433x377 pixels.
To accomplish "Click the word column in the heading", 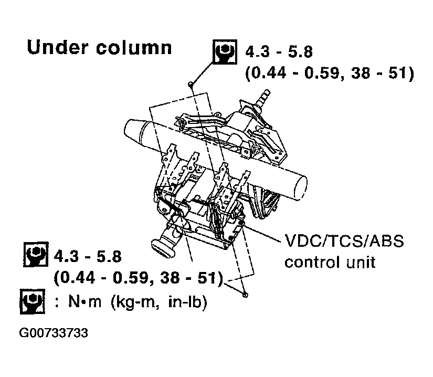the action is click(134, 47).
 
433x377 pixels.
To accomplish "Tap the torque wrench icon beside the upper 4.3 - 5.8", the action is click(225, 52).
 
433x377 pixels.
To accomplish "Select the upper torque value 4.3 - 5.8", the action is click(279, 52).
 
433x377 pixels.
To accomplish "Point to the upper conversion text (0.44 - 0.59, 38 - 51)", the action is click(330, 73).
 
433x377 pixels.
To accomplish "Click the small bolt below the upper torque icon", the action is click(190, 83).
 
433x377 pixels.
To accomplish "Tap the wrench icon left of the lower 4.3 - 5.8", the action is click(36, 254).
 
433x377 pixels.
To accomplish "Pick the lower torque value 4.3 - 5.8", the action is click(88, 256).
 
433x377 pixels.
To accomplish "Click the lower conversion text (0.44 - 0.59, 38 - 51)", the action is click(138, 278).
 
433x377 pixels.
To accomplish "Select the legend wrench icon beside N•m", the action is click(33, 301).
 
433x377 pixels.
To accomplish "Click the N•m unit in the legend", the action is click(85, 301).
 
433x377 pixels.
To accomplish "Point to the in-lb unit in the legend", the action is click(187, 302).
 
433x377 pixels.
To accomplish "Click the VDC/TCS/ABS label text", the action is click(344, 241).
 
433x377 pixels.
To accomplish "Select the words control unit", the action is click(330, 262).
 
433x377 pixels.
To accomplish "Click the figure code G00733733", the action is click(54, 333).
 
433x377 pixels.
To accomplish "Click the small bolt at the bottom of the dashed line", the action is click(245, 295).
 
